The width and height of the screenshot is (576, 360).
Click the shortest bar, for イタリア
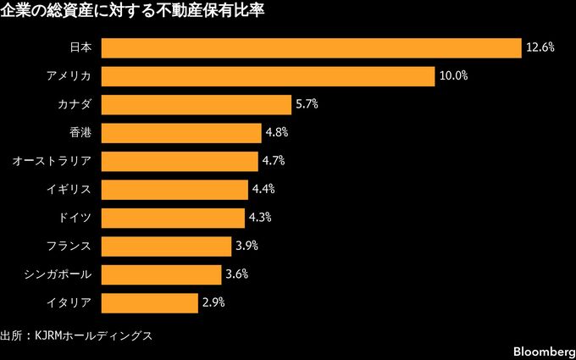coord(150,302)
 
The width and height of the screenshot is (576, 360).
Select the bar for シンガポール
coord(164,274)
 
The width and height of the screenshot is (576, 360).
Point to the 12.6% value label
coord(540,48)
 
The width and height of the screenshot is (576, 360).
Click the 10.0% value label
coord(453,77)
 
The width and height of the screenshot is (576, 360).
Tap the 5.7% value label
coord(306,105)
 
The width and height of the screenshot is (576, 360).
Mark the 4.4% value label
coord(263,190)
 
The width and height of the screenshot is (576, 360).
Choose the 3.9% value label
coord(246,246)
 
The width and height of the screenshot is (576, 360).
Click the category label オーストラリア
coord(52,161)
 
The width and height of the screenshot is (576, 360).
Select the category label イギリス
coord(75,190)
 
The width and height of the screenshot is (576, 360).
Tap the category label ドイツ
coord(80,218)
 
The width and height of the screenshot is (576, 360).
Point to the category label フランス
coord(75,246)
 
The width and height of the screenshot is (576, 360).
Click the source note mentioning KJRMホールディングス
coord(76,335)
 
